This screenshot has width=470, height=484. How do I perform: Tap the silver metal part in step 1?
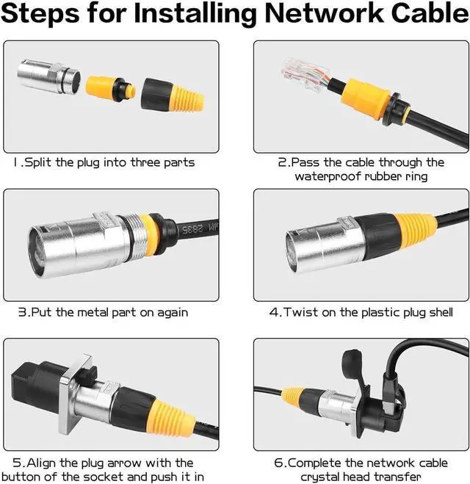tap(48, 79)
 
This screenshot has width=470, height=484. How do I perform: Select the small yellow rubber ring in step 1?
tap(110, 89)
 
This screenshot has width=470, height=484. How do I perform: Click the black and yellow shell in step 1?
tap(172, 95)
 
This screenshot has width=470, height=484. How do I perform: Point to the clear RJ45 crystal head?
tap(305, 76)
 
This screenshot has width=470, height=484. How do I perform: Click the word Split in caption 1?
tap(37, 162)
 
